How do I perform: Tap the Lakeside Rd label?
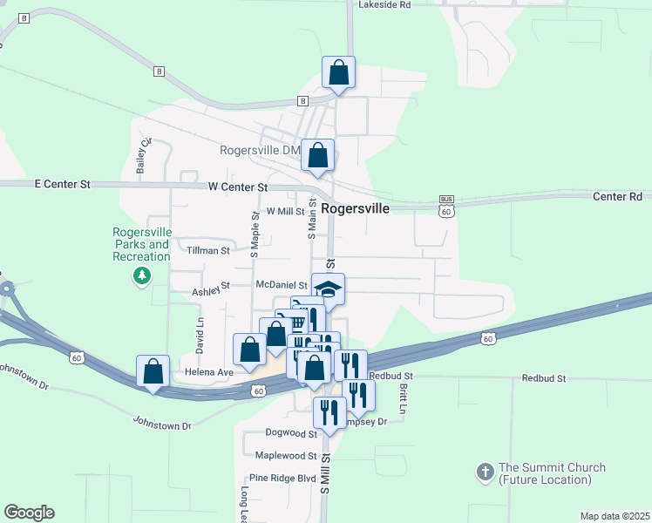point(384,4)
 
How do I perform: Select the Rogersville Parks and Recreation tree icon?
point(141,276)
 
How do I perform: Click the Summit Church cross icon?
point(486,473)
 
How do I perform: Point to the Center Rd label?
point(617,197)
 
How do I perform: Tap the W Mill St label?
point(285,211)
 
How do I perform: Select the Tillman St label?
point(208,250)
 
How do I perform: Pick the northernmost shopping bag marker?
point(339,73)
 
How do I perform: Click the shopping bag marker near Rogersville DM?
point(318,156)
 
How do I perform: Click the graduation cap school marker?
point(328,289)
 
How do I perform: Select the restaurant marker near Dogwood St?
point(329,412)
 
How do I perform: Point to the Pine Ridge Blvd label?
point(282,479)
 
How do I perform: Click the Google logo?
point(29,513)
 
